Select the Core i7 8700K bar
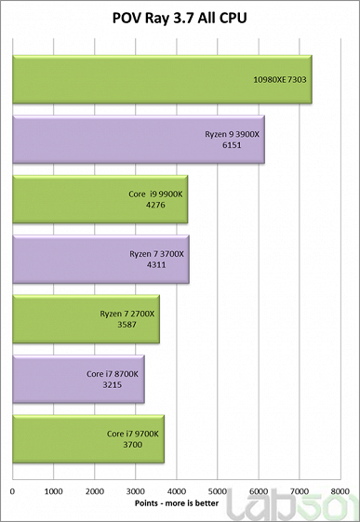(78, 379)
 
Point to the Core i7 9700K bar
(87, 438)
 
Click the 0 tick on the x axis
(12, 489)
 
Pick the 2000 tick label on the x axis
(94, 489)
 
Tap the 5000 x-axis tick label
(217, 489)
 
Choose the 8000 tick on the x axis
(340, 489)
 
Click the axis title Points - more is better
(176, 503)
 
